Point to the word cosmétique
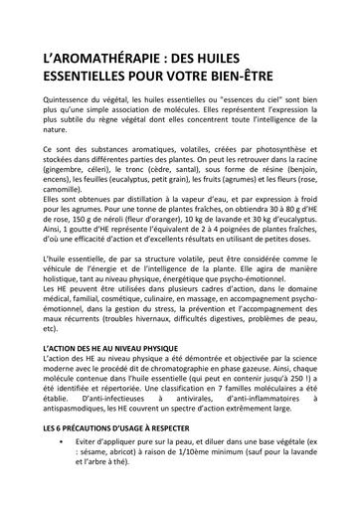click(x=136, y=347)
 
